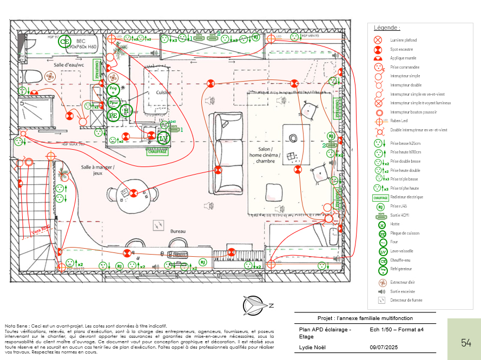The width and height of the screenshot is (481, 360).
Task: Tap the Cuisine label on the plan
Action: pos(164,92)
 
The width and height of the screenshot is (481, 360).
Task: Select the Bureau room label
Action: pos(178,231)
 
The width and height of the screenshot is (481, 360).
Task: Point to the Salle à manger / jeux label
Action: pos(98,170)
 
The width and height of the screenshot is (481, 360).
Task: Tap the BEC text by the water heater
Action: pos(81,41)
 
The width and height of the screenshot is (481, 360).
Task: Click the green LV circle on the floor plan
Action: pos(163,138)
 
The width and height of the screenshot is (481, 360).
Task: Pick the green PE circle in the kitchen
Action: pos(113,115)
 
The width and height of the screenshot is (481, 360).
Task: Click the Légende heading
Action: pos(387,28)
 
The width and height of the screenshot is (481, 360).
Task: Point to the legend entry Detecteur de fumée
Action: pos(406,300)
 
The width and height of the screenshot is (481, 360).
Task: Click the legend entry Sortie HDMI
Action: pos(399,215)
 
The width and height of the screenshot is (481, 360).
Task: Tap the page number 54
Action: pos(466,343)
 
